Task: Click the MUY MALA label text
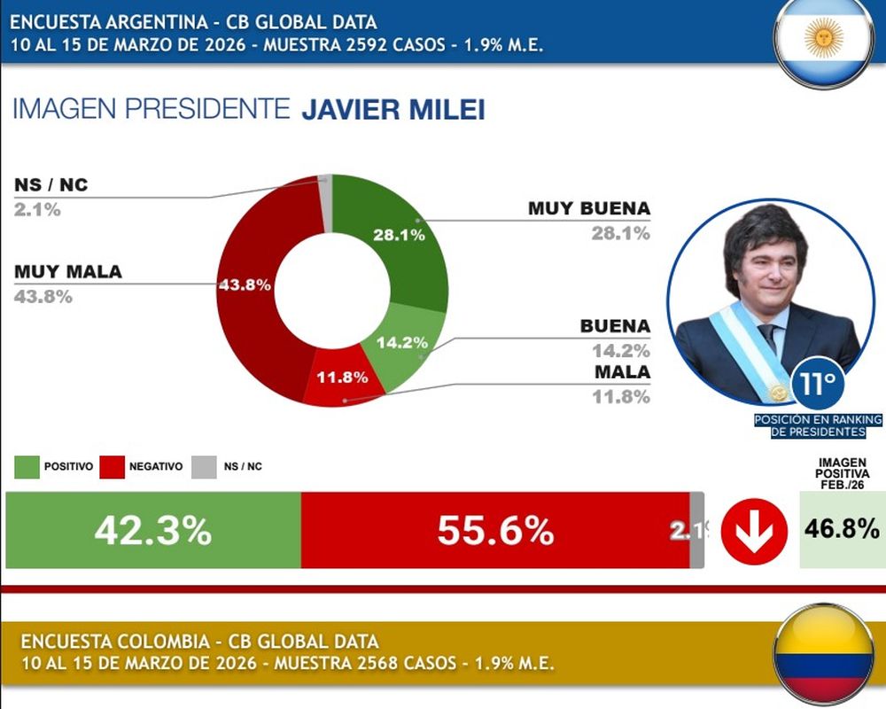(68, 272)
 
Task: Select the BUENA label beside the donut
(615, 326)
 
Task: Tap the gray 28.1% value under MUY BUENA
(621, 233)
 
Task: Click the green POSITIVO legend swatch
(27, 466)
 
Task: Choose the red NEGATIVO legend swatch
(112, 466)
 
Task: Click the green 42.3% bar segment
(153, 531)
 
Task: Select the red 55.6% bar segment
(495, 531)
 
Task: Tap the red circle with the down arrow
(753, 532)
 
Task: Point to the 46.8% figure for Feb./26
(842, 530)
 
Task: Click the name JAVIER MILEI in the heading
(393, 111)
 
